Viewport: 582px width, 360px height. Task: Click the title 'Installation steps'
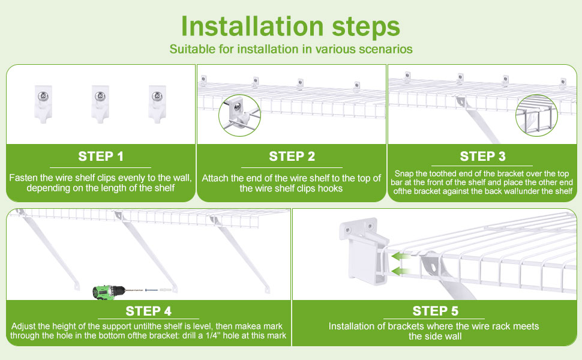click(290, 26)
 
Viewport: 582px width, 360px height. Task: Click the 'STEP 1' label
click(101, 157)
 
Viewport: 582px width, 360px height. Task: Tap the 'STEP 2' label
click(292, 157)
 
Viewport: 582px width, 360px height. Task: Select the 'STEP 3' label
click(482, 157)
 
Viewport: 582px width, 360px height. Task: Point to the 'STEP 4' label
click(148, 311)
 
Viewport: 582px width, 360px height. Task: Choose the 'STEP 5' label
click(435, 311)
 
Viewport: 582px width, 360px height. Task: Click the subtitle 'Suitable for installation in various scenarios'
click(290, 49)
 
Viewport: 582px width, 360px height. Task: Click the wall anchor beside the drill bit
click(165, 290)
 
